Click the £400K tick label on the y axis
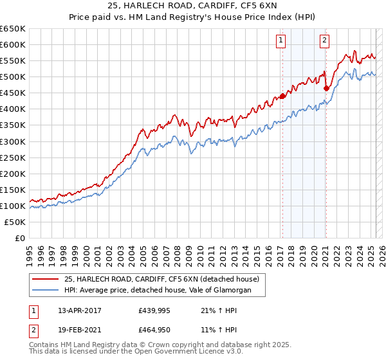[x=13, y=109]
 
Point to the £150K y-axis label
[x=13, y=190]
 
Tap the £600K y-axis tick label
[x=13, y=44]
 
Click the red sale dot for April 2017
[x=282, y=96]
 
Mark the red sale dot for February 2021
[x=326, y=88]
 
